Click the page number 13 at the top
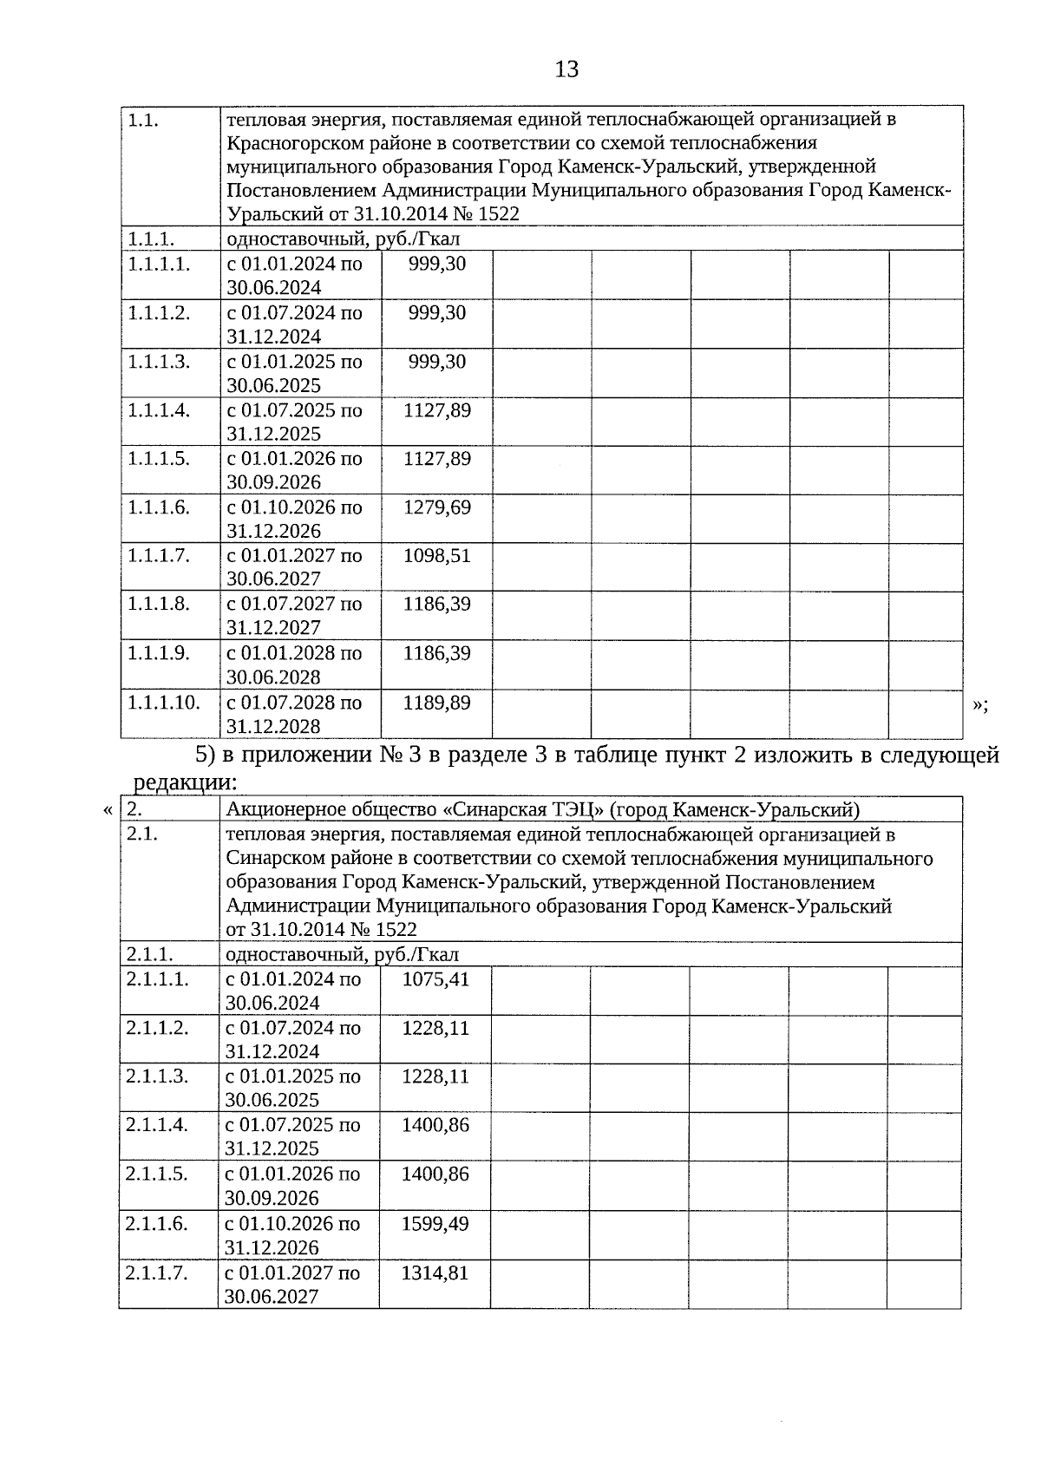coord(566,69)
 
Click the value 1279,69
coord(437,507)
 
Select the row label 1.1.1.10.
coord(163,703)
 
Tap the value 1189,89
coord(437,703)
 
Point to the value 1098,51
coord(437,556)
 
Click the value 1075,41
coord(435,979)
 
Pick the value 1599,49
coord(435,1224)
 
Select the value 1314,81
coord(435,1273)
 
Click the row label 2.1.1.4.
coord(156,1125)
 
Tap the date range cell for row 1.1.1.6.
coord(294,519)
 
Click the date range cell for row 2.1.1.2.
coord(292,1039)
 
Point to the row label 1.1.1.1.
coord(159,264)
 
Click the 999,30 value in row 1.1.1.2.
coord(437,312)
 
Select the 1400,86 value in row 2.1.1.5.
coord(435,1174)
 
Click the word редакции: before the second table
coord(185,782)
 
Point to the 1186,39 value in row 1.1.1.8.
coord(437,605)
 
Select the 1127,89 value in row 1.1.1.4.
coord(437,410)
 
